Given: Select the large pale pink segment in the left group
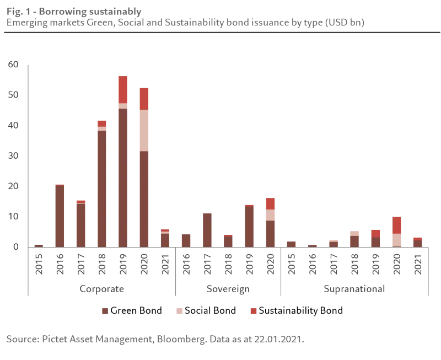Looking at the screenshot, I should point(143,130).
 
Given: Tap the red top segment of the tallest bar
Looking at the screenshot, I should point(122,89).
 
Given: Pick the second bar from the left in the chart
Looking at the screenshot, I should point(60,215).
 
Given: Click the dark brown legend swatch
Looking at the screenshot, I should point(105,311).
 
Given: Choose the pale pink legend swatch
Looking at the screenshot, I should point(180,311).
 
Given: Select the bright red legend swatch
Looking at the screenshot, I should point(253,311).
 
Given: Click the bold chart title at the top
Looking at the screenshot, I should point(74,12).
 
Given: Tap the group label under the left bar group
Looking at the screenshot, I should point(103,289).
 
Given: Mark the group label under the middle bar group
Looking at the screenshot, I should point(227,289).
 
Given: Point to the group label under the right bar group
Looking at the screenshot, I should point(354,289).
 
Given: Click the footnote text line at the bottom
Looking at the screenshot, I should point(154,340).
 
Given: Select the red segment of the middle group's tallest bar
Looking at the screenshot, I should point(271,203).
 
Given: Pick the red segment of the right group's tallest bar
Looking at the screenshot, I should point(397,224).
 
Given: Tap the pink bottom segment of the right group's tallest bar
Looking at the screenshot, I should point(397,240).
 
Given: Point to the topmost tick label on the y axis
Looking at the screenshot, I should point(13,65).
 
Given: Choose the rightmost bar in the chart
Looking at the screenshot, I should point(417,241).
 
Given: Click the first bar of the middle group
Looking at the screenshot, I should point(187,240).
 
